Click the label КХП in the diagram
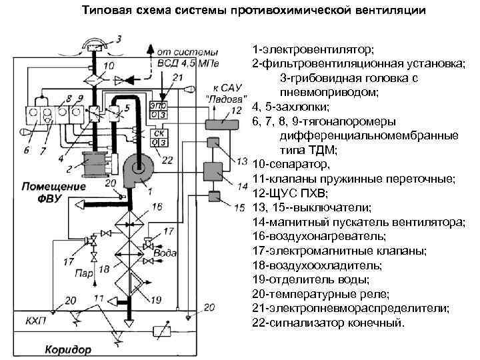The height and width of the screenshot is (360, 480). pyautogui.click(x=37, y=320)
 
